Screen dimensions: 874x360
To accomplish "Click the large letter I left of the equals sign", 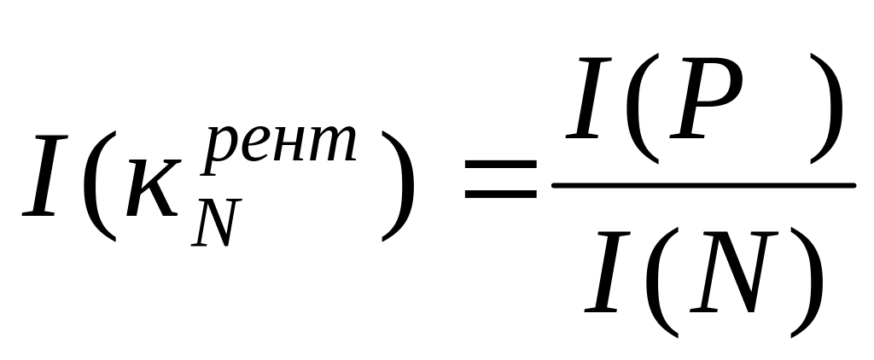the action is click(x=45, y=175).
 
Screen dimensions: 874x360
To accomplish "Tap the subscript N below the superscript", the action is click(x=216, y=223).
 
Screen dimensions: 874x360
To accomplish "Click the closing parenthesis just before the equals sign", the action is click(x=398, y=186).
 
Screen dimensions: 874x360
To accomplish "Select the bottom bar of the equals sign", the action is click(x=500, y=193).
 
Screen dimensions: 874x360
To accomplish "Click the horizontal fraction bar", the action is click(x=703, y=185).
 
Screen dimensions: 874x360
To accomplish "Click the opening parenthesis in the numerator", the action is click(x=642, y=108).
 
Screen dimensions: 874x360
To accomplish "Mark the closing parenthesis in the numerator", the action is click(x=826, y=108).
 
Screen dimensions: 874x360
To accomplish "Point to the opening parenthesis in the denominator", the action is click(x=661, y=282).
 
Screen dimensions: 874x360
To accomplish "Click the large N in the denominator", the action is click(x=733, y=271).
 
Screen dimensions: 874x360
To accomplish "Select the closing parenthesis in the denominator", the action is click(x=807, y=282).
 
